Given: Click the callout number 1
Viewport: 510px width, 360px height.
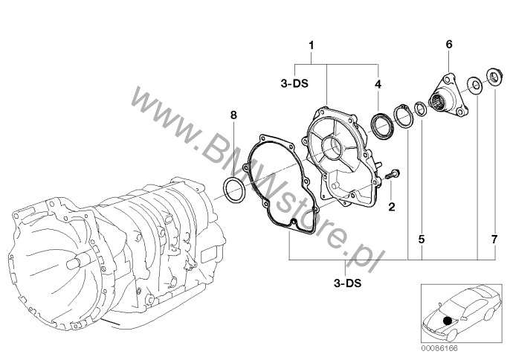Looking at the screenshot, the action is click(x=312, y=45).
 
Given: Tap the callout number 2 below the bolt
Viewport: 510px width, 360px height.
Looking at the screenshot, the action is click(x=392, y=206).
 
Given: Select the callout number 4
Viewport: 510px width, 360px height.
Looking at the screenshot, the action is click(x=378, y=84).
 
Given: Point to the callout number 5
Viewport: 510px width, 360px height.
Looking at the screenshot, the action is click(x=422, y=240).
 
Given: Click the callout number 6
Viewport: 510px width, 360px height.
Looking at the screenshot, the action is click(x=449, y=45).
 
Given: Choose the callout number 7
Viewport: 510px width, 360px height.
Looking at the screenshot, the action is click(x=494, y=240).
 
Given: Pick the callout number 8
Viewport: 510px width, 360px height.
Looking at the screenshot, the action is click(x=233, y=115).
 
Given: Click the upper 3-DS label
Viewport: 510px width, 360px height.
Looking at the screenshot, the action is click(x=294, y=83).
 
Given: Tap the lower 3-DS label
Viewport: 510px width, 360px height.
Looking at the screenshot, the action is click(x=348, y=283).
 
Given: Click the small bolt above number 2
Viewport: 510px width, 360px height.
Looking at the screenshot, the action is click(x=393, y=174).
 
